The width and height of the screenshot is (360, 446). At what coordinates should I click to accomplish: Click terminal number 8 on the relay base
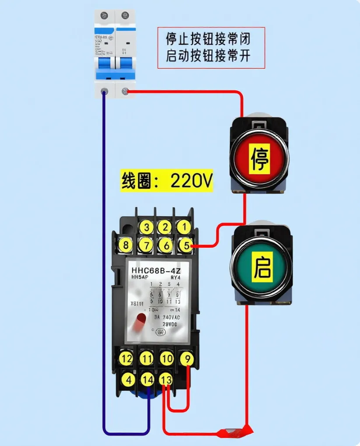[126, 245]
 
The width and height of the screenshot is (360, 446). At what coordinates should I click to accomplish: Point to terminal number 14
[147, 379]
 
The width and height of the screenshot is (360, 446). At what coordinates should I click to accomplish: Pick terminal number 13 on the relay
[166, 379]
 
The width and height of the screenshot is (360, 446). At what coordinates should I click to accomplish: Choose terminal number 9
[187, 359]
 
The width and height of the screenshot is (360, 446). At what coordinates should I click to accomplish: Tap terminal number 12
[126, 359]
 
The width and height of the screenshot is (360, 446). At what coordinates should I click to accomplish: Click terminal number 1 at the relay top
[184, 227]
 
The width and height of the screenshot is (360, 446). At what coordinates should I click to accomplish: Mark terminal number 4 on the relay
[127, 380]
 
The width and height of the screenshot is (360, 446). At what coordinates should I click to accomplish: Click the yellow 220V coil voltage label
[167, 181]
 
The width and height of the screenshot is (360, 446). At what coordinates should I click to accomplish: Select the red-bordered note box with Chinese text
[211, 48]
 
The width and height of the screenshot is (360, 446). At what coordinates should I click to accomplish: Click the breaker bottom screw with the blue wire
[105, 91]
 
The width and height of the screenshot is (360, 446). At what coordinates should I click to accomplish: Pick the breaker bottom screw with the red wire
[125, 92]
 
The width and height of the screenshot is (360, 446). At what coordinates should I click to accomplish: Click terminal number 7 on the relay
[146, 245]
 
